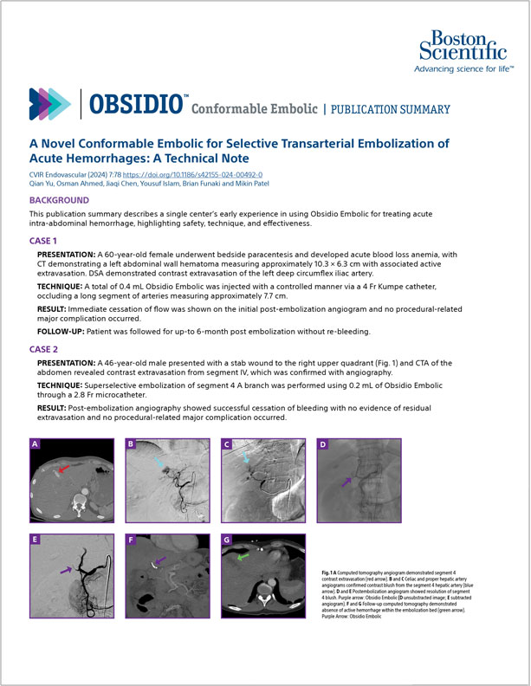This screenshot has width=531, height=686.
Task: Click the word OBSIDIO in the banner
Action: [134, 105]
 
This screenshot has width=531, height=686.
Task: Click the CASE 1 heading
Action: [44, 240]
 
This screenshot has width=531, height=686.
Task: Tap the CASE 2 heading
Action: [44, 348]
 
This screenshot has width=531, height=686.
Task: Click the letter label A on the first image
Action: [35, 445]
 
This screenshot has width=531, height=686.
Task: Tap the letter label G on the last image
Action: [226, 541]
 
